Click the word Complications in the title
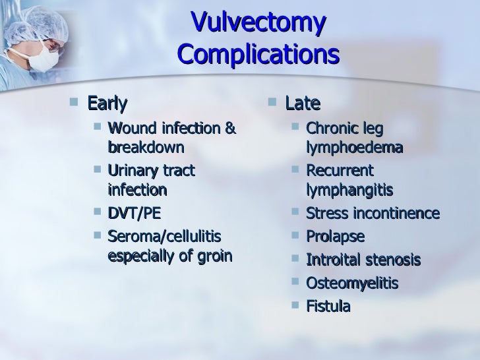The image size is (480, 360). coord(258,55)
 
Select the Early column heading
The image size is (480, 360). coord(107,104)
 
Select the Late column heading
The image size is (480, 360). coord(303,104)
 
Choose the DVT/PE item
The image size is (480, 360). coord(133,214)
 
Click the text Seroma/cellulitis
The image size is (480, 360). coord(164,236)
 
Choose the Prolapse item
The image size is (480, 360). coord(336,237)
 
